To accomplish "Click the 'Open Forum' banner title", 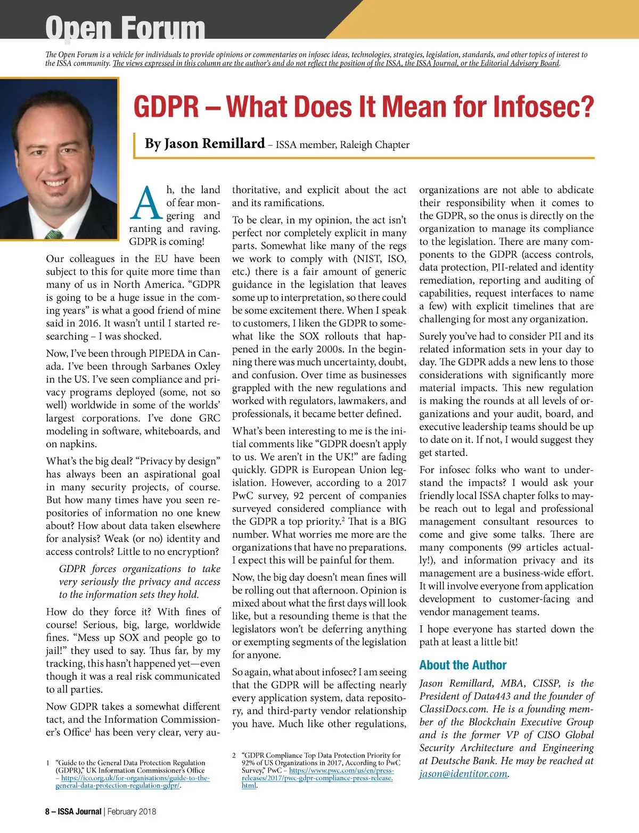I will coord(125,28).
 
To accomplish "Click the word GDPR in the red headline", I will coord(166,107).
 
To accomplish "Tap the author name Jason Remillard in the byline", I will coord(204,144).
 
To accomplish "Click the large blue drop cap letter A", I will coord(146,203).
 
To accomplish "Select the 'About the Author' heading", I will coord(463,665).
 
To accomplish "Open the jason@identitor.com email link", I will coord(463,774).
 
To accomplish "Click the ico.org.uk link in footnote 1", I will coord(133,781).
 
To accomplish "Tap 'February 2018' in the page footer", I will coord(132,812).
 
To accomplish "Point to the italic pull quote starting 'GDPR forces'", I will coord(140,582).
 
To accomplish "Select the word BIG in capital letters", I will coord(397,521).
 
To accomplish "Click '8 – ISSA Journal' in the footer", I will coord(73,812).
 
